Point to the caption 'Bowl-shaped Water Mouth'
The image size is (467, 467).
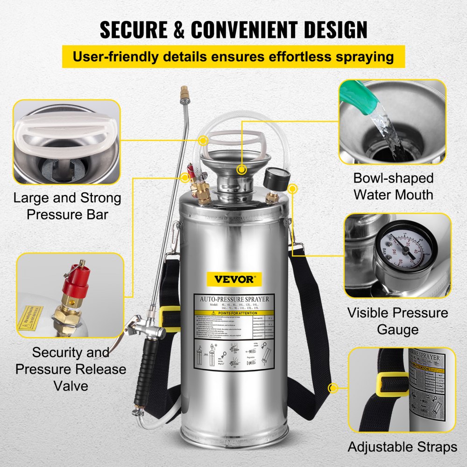click(393, 186)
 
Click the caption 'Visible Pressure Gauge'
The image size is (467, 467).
click(398, 321)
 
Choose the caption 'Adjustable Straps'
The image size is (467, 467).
click(402, 447)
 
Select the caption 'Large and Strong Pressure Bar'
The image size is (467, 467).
click(67, 205)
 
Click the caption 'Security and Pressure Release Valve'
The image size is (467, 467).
click(70, 369)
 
